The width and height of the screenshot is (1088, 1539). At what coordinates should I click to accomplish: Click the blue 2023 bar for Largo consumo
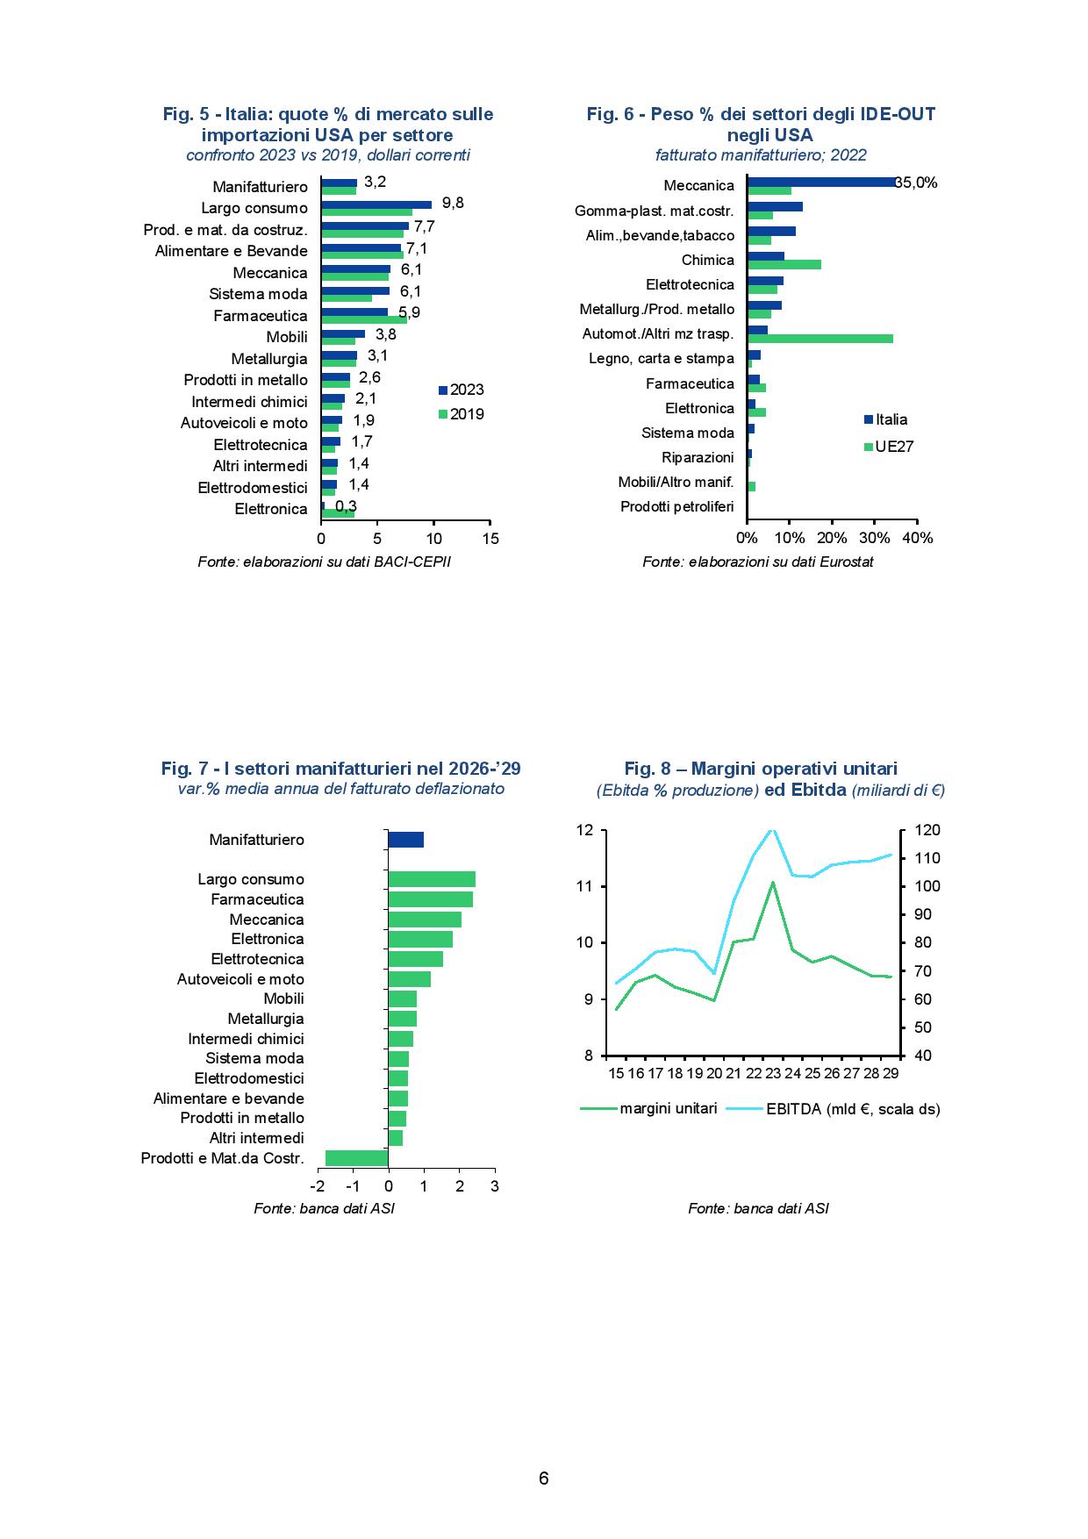(x=376, y=204)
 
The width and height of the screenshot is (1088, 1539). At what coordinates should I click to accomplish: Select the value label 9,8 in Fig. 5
(x=453, y=203)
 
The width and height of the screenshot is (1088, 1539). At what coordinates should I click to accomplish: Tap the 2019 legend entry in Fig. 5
(x=462, y=414)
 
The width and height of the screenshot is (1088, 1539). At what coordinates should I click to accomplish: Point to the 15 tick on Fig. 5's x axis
(x=490, y=539)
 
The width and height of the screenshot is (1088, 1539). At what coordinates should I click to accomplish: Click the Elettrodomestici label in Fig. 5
(x=253, y=488)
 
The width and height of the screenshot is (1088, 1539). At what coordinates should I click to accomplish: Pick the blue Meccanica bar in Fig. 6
(x=822, y=182)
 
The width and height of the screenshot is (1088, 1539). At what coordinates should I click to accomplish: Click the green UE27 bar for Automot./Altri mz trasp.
(x=820, y=339)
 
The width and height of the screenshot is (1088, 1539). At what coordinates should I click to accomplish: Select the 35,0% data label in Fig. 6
(x=916, y=183)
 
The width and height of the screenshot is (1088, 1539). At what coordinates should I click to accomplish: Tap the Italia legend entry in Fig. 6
(x=886, y=419)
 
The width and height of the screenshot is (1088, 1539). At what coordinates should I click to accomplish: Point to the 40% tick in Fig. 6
(x=917, y=538)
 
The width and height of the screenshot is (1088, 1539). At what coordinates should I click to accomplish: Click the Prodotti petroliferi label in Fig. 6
(x=677, y=506)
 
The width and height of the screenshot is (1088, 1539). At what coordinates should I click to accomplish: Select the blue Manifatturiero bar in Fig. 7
(x=406, y=840)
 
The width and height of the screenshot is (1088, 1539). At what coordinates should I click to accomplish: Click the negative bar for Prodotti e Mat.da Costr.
(x=357, y=1158)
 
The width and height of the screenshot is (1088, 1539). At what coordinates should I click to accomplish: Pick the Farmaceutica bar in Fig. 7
(x=431, y=899)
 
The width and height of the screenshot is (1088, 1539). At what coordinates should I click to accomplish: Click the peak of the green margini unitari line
(x=772, y=882)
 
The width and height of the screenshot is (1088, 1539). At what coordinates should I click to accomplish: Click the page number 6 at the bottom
(x=544, y=1478)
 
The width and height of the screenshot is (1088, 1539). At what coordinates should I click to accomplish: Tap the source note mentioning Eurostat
(x=758, y=562)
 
